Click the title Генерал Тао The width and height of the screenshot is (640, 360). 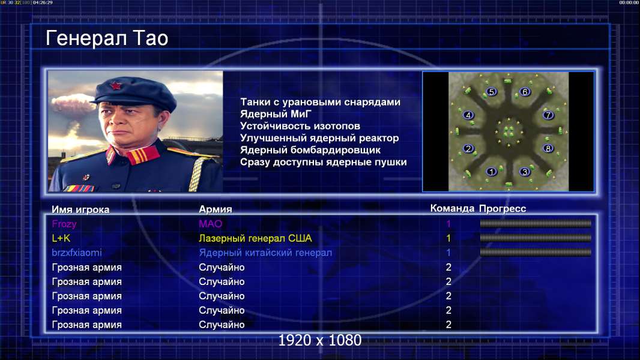click(x=107, y=38)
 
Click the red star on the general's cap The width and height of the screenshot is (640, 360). click(x=116, y=86)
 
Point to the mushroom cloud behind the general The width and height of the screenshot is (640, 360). click(x=74, y=106)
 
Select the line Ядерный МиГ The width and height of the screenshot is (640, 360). click(x=276, y=114)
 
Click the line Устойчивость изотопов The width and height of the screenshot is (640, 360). click(x=300, y=126)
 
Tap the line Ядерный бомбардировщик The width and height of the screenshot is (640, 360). click(x=310, y=150)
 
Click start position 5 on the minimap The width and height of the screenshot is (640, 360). click(x=492, y=92)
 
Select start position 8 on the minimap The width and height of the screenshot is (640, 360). click(x=548, y=148)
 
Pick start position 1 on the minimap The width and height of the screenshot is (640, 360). click(x=492, y=172)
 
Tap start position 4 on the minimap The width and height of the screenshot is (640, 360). click(x=468, y=115)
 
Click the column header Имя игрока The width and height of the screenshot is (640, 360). click(x=80, y=209)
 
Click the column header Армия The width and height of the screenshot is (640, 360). click(x=215, y=209)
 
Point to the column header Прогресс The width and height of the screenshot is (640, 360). click(x=503, y=209)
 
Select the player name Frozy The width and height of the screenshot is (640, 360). click(x=64, y=224)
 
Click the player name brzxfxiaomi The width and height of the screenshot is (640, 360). click(x=77, y=253)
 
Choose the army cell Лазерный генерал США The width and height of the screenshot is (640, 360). click(x=255, y=238)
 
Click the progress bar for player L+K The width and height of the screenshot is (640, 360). click(x=536, y=238)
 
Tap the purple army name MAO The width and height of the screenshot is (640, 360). click(x=210, y=224)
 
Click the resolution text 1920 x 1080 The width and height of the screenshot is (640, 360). click(x=319, y=340)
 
